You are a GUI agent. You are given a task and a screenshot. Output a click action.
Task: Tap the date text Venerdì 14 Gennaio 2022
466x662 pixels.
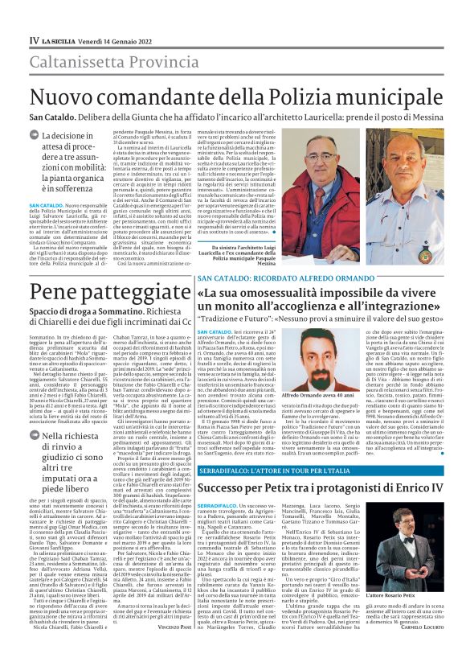(x=112, y=40)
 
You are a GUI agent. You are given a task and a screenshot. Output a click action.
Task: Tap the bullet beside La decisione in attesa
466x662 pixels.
(x=35, y=137)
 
